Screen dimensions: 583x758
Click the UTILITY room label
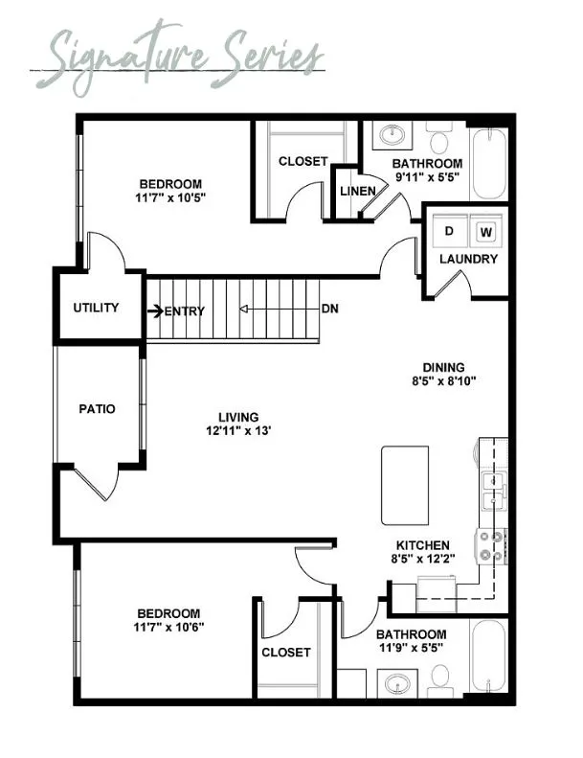96,308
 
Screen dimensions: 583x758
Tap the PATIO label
97,409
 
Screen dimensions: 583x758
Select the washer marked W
487,232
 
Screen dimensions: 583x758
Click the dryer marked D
450,231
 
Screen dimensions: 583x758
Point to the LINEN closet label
357,191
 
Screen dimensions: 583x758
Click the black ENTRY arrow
155,310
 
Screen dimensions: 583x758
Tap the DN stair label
330,308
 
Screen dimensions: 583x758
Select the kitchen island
405,485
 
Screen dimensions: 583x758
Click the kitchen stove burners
490,546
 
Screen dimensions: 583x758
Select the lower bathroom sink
397,684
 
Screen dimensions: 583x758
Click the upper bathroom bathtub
489,164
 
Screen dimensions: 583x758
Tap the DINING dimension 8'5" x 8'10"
444,381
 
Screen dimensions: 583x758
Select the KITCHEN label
423,545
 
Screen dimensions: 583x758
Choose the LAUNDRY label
468,259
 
